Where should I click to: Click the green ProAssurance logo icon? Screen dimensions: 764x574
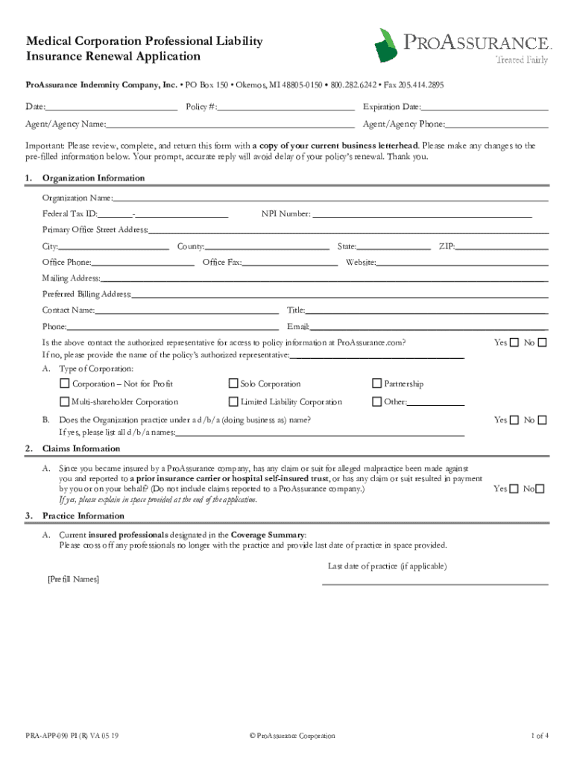386,46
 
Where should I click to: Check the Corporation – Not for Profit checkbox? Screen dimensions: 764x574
64,384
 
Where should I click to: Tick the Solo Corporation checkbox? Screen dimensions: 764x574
233,384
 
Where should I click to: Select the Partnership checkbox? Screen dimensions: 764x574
376,384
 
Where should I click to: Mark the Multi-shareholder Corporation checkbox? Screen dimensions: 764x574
64,402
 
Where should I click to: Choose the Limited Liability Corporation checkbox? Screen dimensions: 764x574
233,402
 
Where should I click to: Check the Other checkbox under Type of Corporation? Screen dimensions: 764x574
376,402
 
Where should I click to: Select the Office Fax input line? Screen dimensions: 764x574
290,263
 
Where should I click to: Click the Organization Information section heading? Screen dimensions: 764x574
93,178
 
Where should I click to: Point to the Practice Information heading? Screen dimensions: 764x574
83,516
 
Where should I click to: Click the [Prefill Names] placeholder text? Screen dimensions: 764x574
73,579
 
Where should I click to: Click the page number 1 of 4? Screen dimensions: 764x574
540,736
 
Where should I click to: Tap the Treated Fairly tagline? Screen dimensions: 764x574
522,60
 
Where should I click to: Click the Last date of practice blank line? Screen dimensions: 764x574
435,583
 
